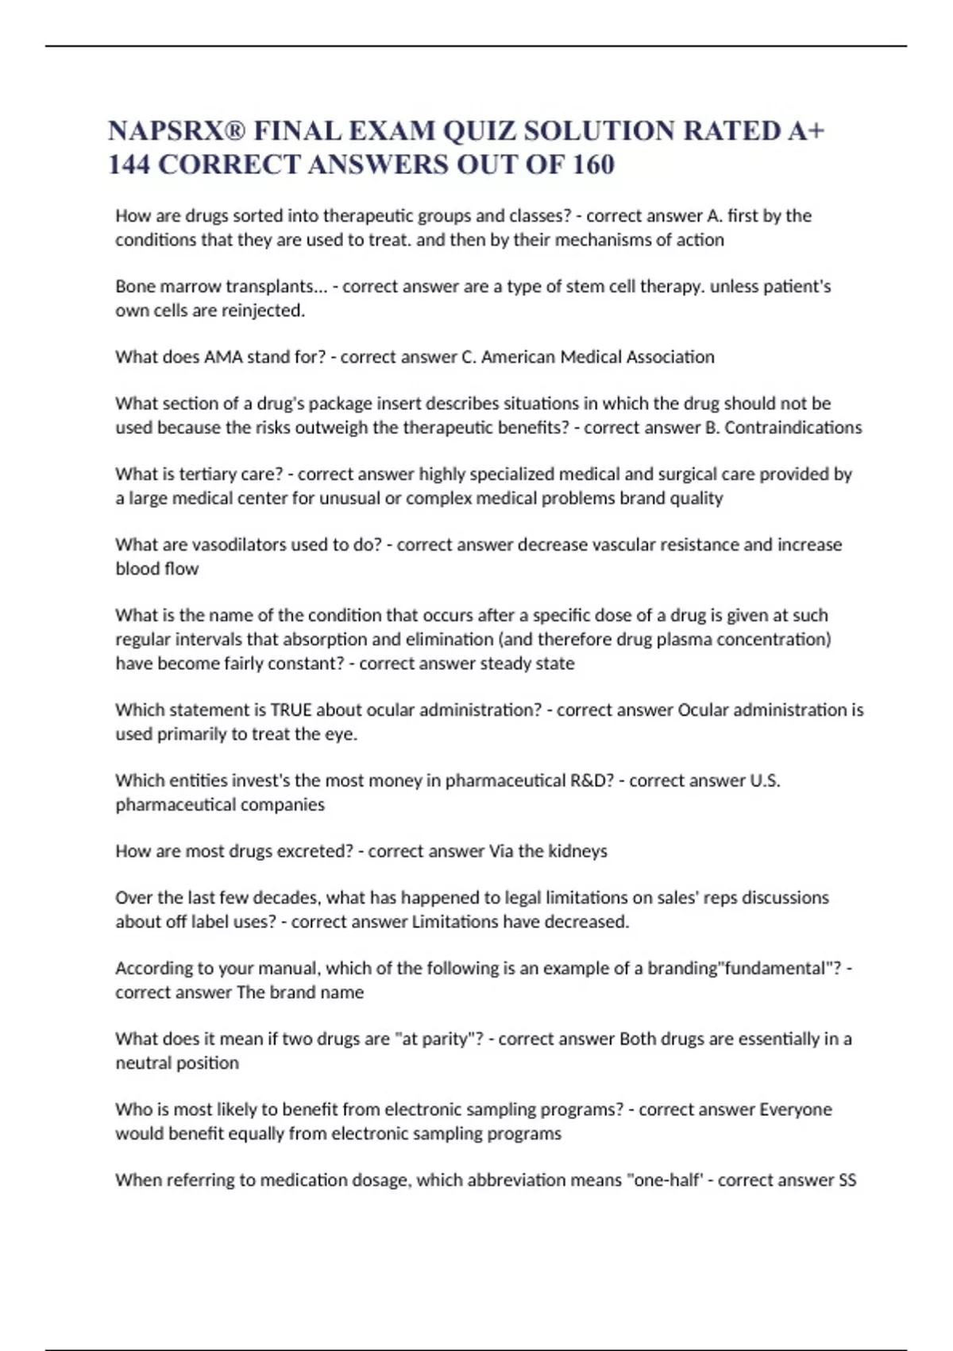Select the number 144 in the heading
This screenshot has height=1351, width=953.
[x=129, y=165]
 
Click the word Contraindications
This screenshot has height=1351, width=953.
[x=793, y=428]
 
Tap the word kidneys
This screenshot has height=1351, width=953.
[x=578, y=851]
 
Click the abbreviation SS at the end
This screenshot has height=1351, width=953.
[x=847, y=1180]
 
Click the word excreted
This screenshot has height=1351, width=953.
[x=314, y=851]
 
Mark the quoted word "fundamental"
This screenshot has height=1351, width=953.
[x=780, y=968]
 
